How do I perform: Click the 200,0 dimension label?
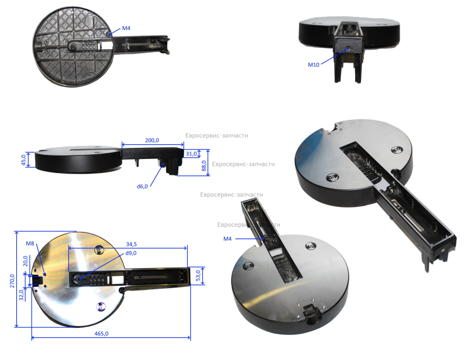click(152, 140)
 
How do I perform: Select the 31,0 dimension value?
click(191, 154)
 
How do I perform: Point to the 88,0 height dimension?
click(204, 166)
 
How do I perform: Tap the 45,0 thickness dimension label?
click(23, 160)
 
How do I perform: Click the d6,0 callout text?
click(142, 186)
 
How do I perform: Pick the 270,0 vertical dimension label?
click(12, 281)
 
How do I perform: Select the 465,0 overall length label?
click(101, 334)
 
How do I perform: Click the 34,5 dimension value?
click(131, 244)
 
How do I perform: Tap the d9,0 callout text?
click(131, 253)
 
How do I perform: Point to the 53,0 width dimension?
click(198, 275)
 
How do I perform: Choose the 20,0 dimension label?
click(25, 261)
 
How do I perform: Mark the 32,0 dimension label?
click(22, 295)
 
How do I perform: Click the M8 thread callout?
click(30, 243)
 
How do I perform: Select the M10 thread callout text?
click(314, 64)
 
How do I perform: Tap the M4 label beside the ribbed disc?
click(126, 28)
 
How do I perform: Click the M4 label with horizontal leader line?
click(228, 238)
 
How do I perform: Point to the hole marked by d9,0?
click(80, 279)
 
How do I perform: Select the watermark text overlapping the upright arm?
click(249, 224)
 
